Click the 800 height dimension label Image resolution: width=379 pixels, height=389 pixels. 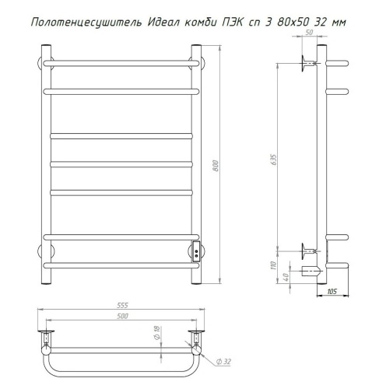point(216,166)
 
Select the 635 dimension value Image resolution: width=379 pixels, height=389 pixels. point(274,160)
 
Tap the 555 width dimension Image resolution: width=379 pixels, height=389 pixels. point(122,306)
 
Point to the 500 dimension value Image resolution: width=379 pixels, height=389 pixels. point(122,316)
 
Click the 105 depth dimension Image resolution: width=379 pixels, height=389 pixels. point(332,292)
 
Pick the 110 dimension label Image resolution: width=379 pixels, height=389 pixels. point(274,265)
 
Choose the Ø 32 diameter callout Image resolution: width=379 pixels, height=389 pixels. point(223,362)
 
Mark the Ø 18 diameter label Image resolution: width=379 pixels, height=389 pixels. point(157,333)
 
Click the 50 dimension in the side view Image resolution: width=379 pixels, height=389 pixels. point(309,33)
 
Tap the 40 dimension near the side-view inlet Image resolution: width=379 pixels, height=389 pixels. point(286,277)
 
